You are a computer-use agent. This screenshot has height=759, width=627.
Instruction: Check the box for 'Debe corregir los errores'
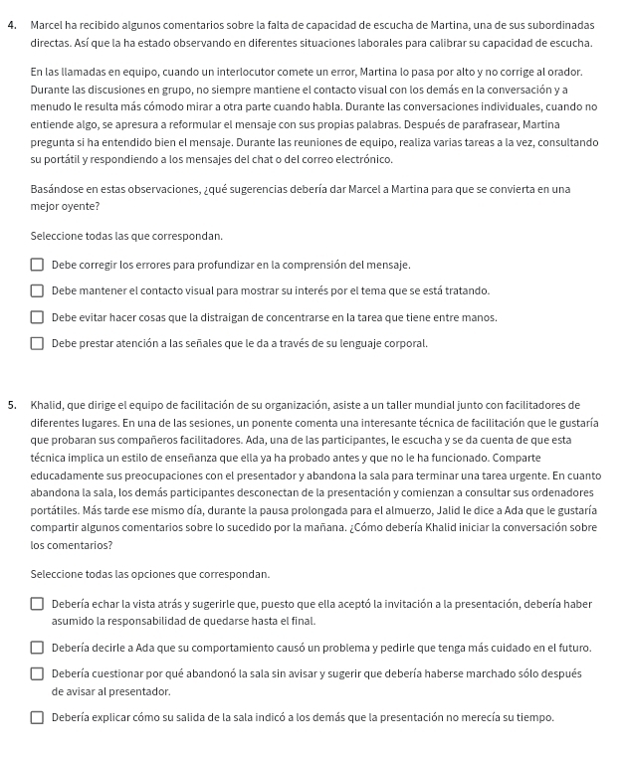pos(37,266)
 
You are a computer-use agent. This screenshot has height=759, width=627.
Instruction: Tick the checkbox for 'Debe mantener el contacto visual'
pos(37,291)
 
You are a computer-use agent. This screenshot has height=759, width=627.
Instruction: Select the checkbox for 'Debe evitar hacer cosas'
pos(37,318)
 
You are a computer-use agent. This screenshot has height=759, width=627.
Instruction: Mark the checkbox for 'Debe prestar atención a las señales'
pos(37,344)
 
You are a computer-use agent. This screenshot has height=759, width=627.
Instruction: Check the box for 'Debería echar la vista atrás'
pos(37,604)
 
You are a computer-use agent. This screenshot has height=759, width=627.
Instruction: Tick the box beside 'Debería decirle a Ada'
pos(37,648)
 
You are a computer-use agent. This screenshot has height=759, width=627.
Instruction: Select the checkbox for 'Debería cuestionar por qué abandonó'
pos(37,673)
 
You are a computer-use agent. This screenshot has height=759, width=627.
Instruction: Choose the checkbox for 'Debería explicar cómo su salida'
pos(37,717)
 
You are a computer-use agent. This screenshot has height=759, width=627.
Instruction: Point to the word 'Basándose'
pos(56,189)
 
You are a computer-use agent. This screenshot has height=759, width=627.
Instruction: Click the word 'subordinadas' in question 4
pos(561,24)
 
